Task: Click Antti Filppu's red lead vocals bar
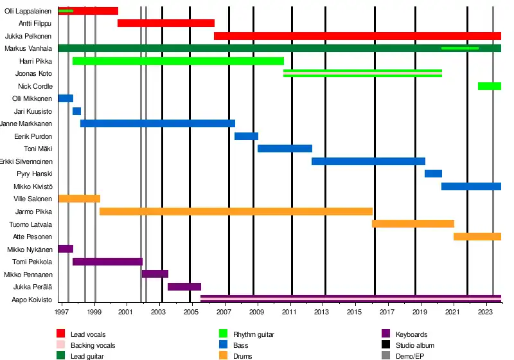166,23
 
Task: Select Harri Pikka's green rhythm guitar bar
178,61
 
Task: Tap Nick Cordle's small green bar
489,86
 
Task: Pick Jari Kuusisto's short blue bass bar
76,111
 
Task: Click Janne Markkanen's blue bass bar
157,123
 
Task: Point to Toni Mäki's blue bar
285,148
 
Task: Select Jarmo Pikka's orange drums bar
236,212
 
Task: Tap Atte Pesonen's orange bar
477,237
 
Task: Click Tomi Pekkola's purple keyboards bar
107,262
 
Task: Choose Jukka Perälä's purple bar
184,287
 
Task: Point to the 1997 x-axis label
62,312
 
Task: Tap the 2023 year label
486,312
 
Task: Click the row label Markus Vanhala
28,49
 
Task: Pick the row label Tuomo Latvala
31,224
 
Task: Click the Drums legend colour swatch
224,356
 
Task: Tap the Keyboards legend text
411,334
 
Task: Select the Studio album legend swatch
386,345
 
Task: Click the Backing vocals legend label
93,345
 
